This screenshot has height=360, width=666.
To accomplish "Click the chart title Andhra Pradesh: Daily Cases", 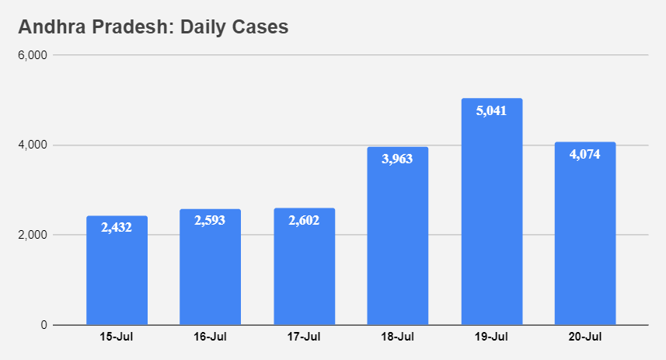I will coord(153,27).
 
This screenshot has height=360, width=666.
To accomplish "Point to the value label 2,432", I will coord(117,228).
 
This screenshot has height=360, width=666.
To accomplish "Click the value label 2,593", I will coord(210,221).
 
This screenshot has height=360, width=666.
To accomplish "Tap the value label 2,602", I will coord(304,220).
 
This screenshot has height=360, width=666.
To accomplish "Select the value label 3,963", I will coord(397,159).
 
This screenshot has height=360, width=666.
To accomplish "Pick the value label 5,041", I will coord(491,110).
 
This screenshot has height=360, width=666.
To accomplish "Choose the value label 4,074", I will coord(584,154).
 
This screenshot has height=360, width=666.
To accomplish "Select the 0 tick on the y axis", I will coord(44,325).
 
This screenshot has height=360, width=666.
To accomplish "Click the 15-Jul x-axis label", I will coord(117,337).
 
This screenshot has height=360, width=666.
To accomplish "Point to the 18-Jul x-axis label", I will coord(397,337).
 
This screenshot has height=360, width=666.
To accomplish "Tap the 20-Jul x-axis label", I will coord(584,337).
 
